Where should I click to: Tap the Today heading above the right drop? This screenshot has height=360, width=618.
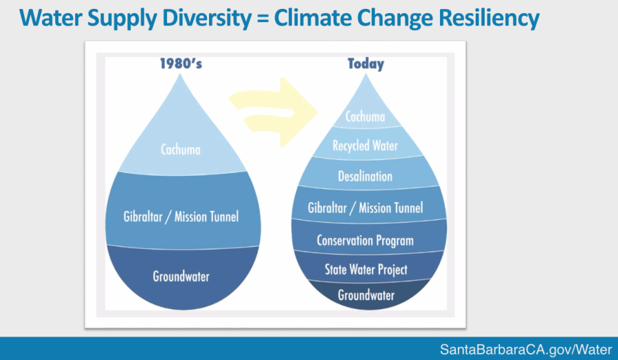click(x=365, y=64)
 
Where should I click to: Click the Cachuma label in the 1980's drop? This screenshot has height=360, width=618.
click(x=181, y=149)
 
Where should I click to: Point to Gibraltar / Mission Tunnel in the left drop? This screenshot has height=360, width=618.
click(x=181, y=217)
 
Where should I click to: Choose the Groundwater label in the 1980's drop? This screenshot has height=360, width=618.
click(x=181, y=278)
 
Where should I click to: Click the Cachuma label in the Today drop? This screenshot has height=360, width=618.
click(x=365, y=117)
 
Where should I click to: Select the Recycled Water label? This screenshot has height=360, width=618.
click(x=365, y=146)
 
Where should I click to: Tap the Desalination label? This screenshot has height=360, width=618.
click(x=365, y=177)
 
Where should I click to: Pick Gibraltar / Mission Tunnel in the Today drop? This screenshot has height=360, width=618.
click(x=365, y=207)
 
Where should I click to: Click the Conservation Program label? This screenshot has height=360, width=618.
click(x=365, y=240)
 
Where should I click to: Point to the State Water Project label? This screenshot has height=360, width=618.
click(x=366, y=269)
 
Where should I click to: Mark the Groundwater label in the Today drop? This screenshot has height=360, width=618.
click(x=366, y=295)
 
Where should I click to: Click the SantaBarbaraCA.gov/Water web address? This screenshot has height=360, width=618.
click(x=525, y=350)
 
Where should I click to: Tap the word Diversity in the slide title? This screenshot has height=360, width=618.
click(x=212, y=18)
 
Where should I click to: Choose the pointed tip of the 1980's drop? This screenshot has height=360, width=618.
click(x=181, y=75)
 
